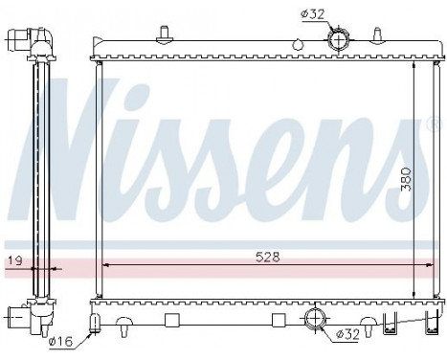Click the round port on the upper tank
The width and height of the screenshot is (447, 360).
click(x=339, y=41)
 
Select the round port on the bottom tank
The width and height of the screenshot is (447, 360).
click(x=316, y=319)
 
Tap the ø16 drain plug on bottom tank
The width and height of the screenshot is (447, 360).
click(x=96, y=323)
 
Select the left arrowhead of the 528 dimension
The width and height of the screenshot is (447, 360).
click(x=104, y=265)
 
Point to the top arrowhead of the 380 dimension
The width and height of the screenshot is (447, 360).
click(x=415, y=68)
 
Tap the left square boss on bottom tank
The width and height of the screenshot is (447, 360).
click(x=172, y=320)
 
